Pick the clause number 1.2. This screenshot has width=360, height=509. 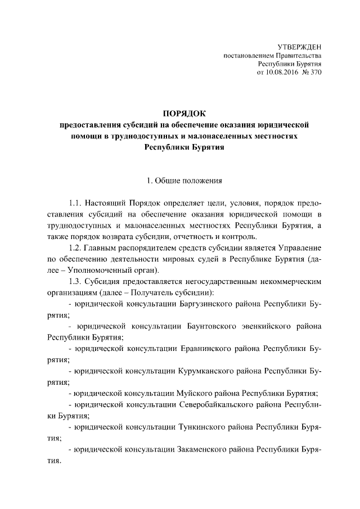coord(75,248)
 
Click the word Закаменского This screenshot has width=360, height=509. coord(204,451)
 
